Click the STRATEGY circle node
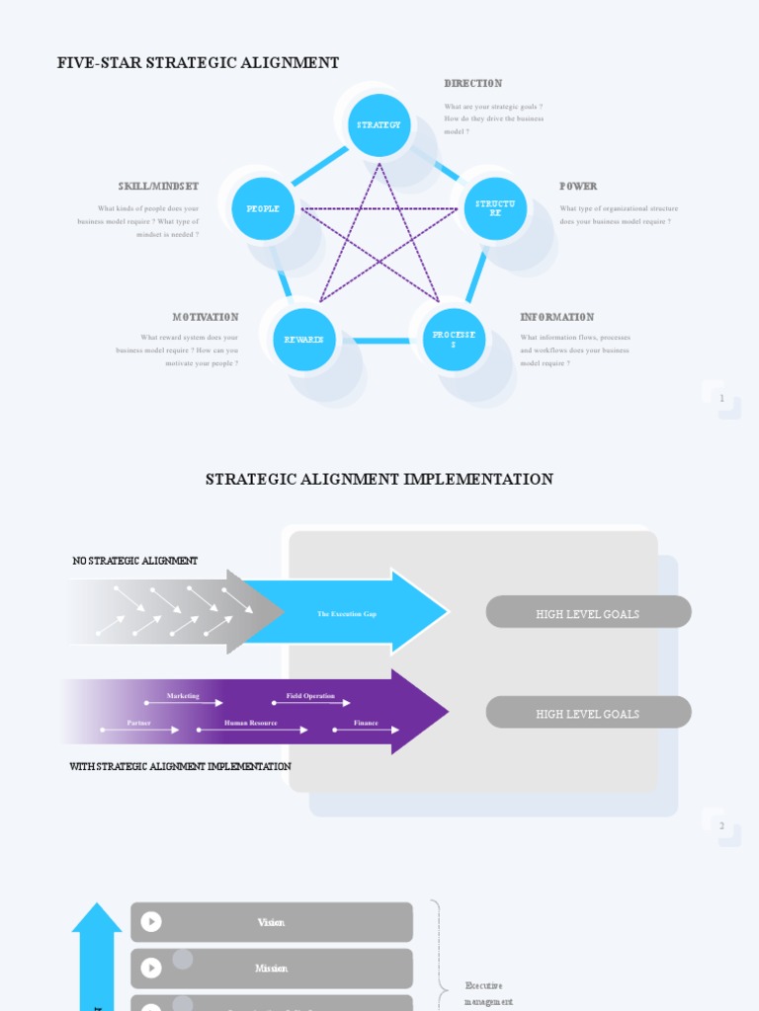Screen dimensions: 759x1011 pos(379,125)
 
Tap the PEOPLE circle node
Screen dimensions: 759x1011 pos(263,208)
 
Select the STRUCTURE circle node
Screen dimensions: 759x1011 pos(495,208)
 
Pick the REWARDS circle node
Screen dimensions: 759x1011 pos(304,340)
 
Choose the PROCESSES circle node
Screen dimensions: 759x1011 pos(454,340)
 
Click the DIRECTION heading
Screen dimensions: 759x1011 pos(473,84)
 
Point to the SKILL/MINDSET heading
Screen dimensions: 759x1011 pos(158,187)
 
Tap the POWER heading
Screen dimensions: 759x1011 pos(578,187)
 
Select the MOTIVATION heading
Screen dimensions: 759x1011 pos(206,317)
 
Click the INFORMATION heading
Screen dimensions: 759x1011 pos(557,317)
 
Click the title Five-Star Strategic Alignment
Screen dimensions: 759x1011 pos(199,63)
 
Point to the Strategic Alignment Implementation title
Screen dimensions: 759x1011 pos(379,480)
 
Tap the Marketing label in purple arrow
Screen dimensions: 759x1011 pos(183,696)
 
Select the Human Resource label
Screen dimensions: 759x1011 pos(251,723)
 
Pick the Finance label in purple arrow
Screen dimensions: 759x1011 pos(366,723)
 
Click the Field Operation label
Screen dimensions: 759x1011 pos(310,696)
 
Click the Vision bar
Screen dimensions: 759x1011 pos(272,922)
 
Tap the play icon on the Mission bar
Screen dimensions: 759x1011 pos(151,969)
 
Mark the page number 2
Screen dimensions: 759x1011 pos(721,825)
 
